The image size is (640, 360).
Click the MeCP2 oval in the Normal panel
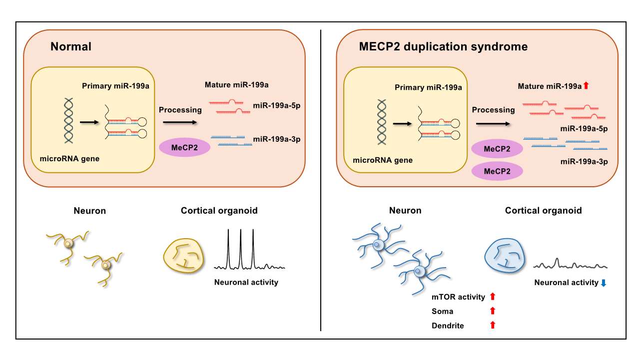184,147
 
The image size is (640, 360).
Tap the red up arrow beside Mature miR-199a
586,85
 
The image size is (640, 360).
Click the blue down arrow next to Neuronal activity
604,283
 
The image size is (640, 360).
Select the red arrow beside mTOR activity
493,296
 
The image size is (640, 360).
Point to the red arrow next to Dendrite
493,325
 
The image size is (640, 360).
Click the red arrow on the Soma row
493,311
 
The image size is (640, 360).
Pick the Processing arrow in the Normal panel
180,122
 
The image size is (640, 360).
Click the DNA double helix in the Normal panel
68,120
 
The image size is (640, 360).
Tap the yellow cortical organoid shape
184,256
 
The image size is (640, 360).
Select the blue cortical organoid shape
505,256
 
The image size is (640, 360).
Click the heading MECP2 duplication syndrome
443,46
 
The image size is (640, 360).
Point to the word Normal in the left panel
71,46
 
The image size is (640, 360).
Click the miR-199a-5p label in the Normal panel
277,106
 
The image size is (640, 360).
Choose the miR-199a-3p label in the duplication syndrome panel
584,162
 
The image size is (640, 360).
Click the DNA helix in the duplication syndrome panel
382,122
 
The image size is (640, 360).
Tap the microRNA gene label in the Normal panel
69,159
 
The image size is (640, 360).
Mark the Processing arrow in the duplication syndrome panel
493,124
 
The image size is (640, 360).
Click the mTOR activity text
458,297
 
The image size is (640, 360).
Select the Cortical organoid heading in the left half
219,211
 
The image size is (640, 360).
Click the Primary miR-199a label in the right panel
428,87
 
